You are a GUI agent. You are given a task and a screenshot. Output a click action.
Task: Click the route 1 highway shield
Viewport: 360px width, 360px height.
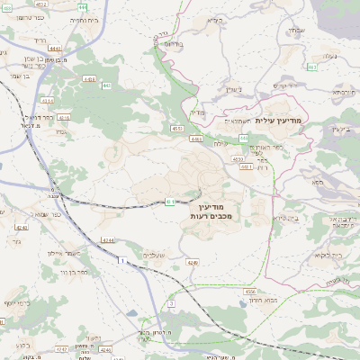(x=119, y=260)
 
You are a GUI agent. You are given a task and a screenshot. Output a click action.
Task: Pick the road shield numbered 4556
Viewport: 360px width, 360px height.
(x=248, y=291)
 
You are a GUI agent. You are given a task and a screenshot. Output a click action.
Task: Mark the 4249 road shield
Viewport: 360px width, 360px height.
(x=192, y=262)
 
